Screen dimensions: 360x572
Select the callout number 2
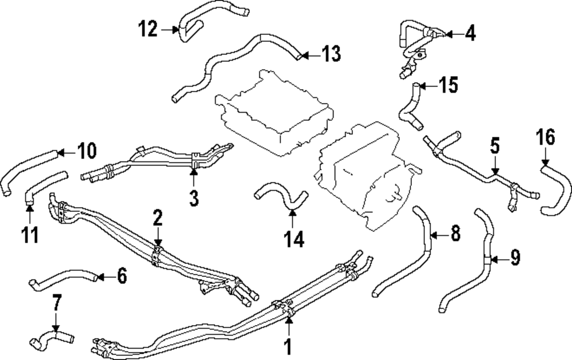tap(157, 218)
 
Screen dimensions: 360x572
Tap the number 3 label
tap(194, 199)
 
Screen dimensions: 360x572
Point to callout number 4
tap(470, 33)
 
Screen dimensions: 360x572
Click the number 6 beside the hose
tap(121, 276)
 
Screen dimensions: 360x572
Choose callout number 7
tap(55, 303)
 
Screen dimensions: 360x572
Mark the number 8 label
tap(455, 234)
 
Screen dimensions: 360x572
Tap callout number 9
tap(515, 259)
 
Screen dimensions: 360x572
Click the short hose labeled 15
tap(410, 106)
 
